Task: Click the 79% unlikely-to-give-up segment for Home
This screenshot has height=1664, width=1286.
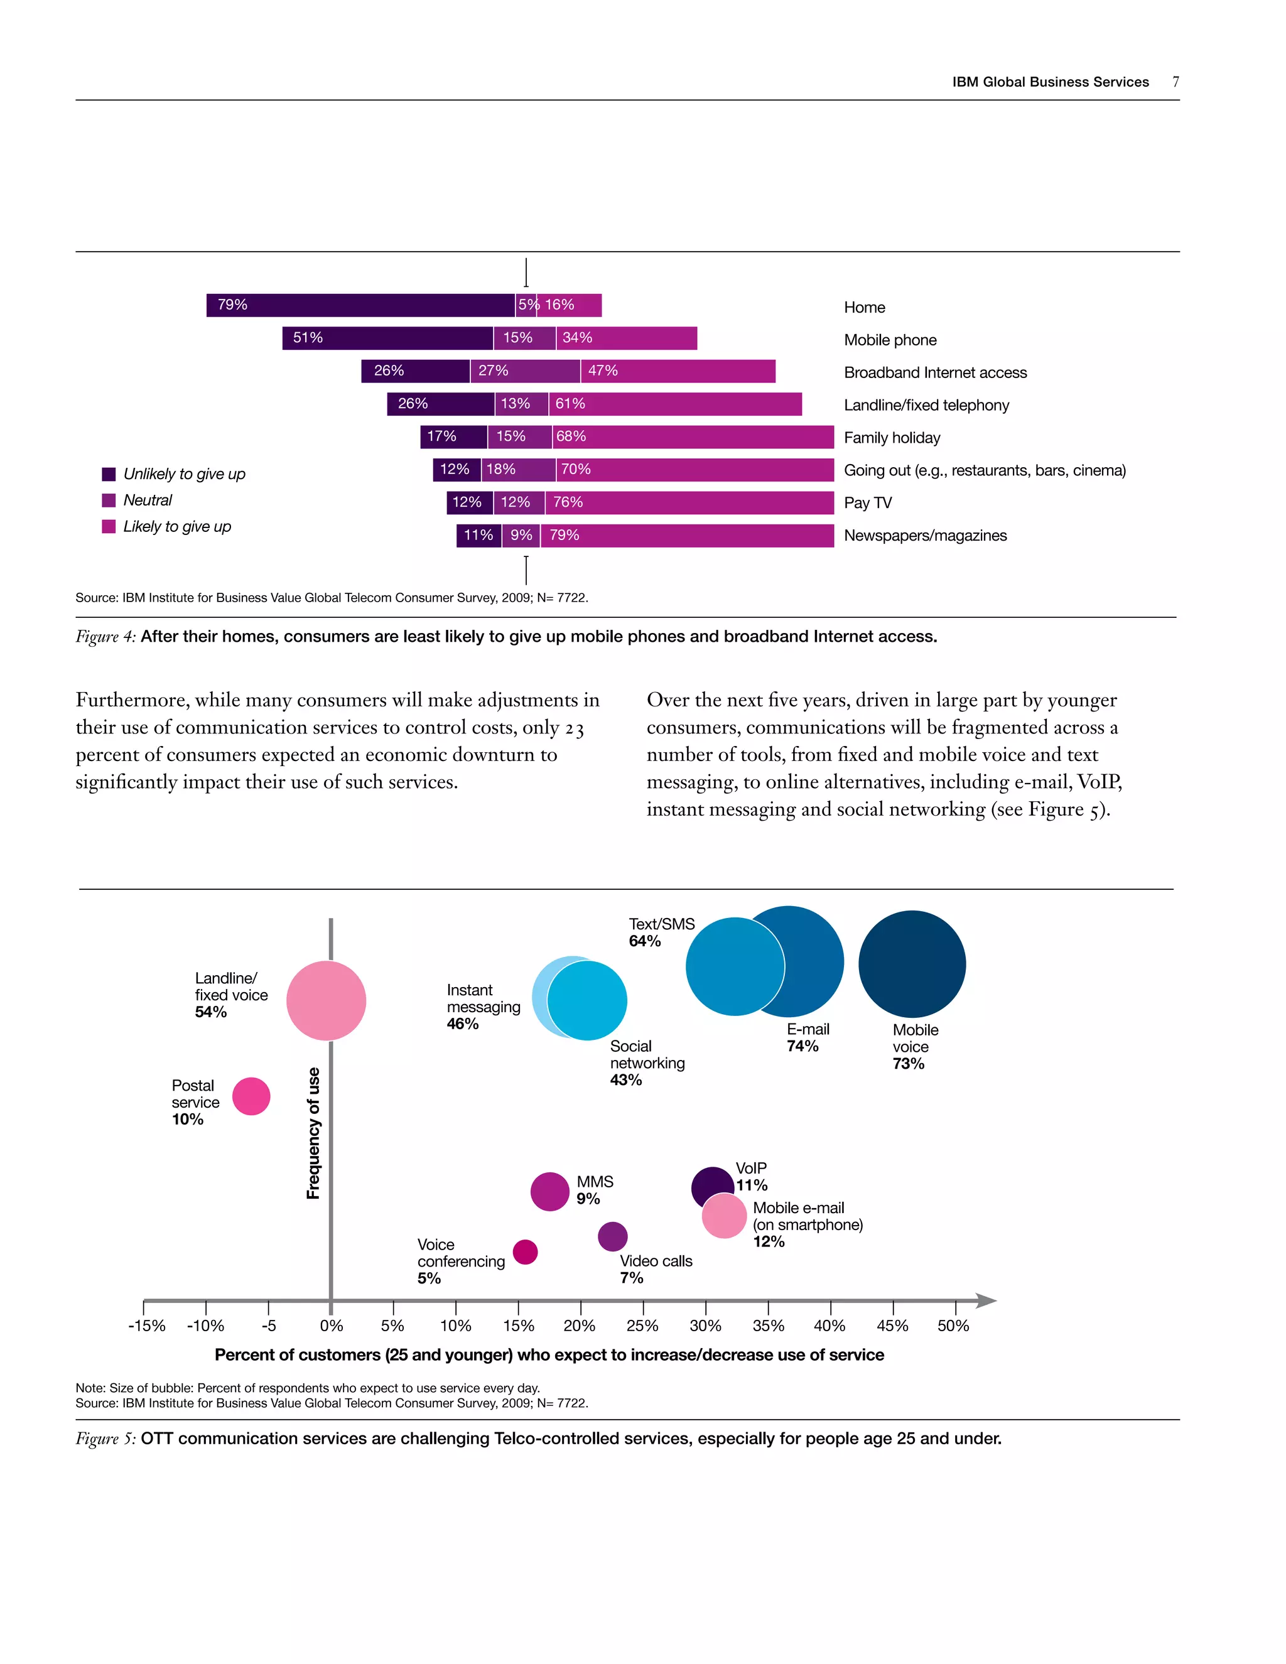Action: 360,305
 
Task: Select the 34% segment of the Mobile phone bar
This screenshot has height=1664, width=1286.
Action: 626,338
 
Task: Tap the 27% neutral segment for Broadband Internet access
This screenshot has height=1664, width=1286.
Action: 525,371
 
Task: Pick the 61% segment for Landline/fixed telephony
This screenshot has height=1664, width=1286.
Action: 675,404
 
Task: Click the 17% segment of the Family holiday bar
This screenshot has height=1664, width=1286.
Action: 453,436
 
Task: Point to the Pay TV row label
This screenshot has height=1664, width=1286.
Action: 867,503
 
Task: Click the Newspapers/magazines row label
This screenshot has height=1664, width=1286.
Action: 925,536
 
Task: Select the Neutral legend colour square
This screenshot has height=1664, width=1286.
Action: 109,500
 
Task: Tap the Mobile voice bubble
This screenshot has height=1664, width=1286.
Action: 912,964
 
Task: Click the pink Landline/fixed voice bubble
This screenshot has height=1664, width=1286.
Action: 326,1000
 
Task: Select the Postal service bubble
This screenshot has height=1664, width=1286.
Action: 251,1096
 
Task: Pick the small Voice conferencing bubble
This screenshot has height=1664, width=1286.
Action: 526,1252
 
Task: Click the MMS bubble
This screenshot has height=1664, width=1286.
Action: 549,1192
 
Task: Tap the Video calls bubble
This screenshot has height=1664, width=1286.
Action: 612,1236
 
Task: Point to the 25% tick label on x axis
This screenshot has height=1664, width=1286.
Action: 642,1326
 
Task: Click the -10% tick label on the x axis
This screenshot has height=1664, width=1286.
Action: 206,1326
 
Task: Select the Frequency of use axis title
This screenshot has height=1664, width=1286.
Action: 313,1133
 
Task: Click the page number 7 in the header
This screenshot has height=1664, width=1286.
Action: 1175,82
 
